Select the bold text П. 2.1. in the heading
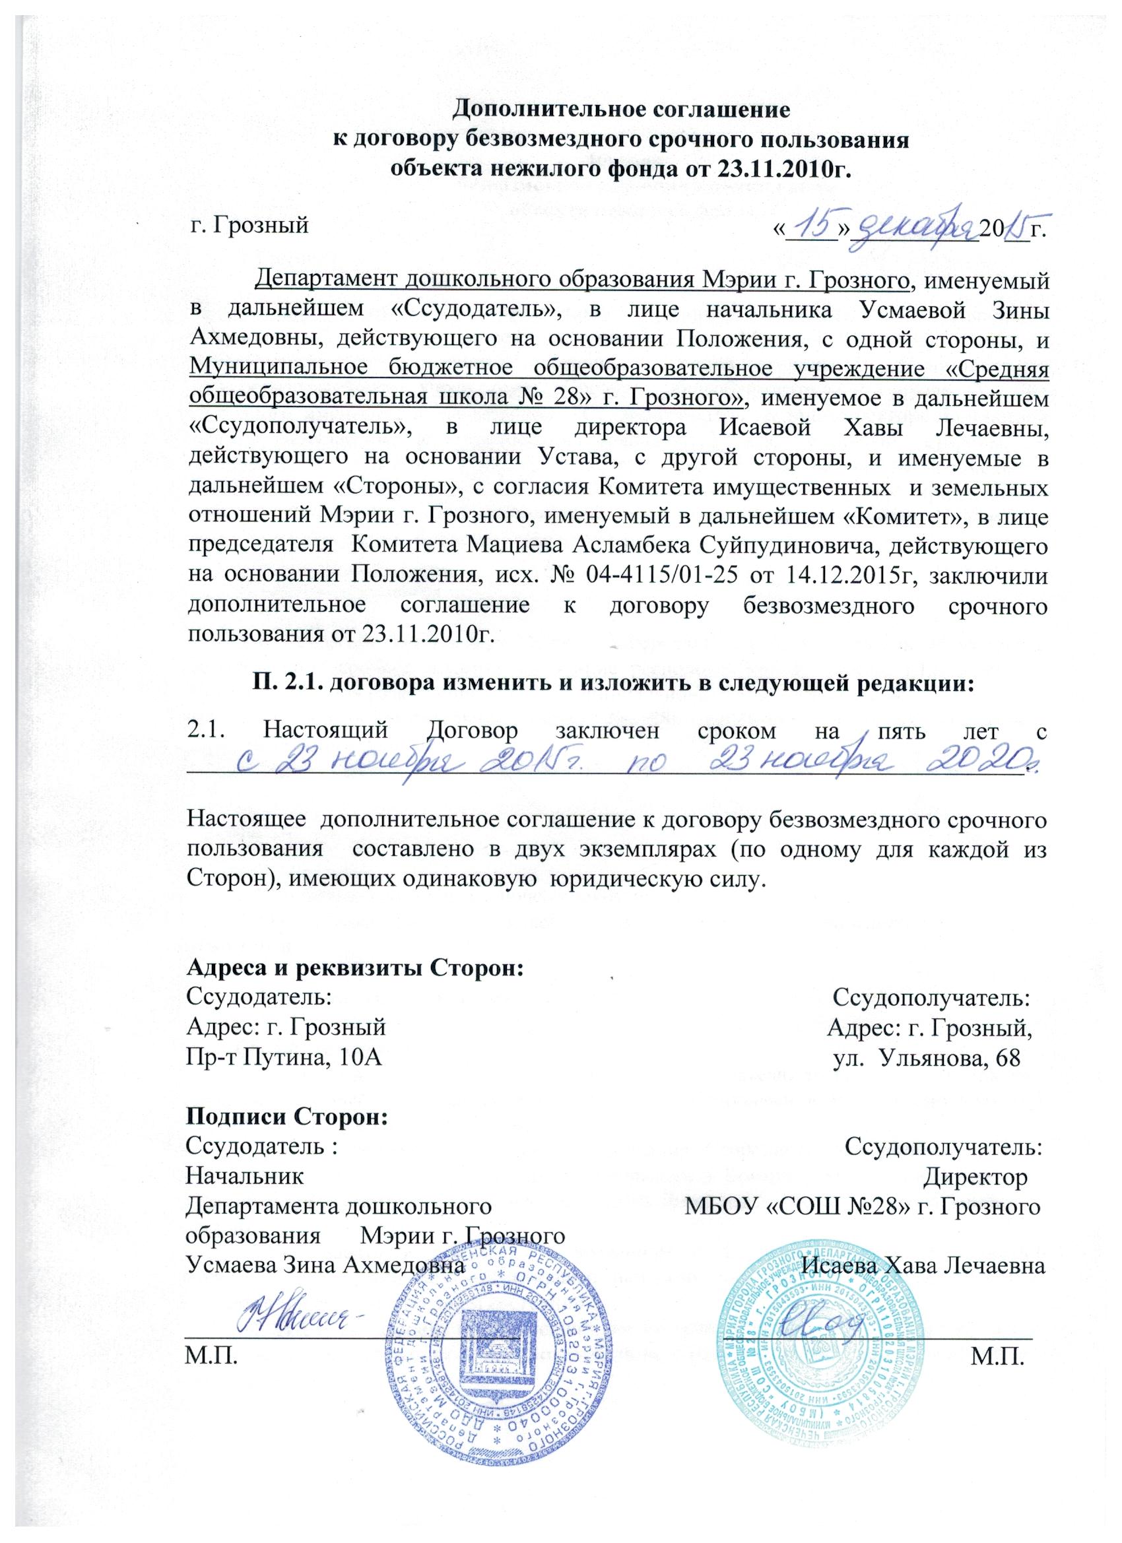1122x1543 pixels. (283, 684)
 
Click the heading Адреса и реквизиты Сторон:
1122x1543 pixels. (354, 968)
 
